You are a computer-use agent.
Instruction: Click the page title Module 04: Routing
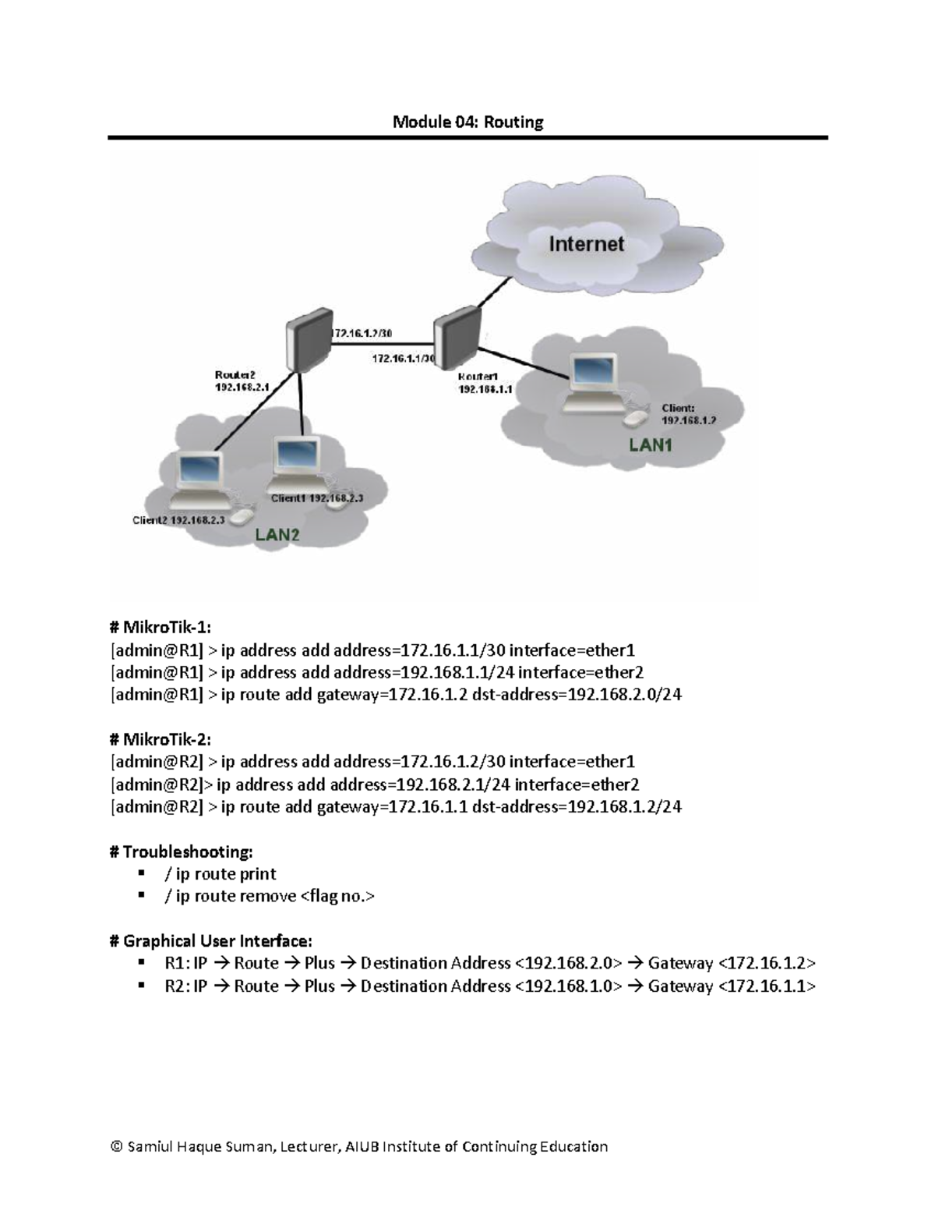coord(467,122)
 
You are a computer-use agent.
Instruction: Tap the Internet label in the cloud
coord(586,244)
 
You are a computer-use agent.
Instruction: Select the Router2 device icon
coord(306,338)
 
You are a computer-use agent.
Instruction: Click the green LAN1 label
coord(650,445)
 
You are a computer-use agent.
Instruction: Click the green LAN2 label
coord(277,535)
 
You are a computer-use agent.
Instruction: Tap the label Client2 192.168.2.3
coord(178,520)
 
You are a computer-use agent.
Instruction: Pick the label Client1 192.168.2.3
coord(316,498)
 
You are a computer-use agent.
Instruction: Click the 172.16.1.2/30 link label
coord(362,333)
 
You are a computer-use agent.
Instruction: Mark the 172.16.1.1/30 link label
coord(403,359)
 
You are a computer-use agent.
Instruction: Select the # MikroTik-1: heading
coord(161,628)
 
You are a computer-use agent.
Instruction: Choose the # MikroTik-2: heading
coord(161,739)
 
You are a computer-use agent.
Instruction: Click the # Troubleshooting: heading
coord(182,851)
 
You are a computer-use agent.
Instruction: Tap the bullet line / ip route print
coord(221,873)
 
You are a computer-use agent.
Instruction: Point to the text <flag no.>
coord(337,896)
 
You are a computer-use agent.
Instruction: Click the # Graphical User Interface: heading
coord(211,940)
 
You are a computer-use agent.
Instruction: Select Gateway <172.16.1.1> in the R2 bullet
coord(732,986)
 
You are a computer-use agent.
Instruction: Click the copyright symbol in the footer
coord(117,1146)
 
